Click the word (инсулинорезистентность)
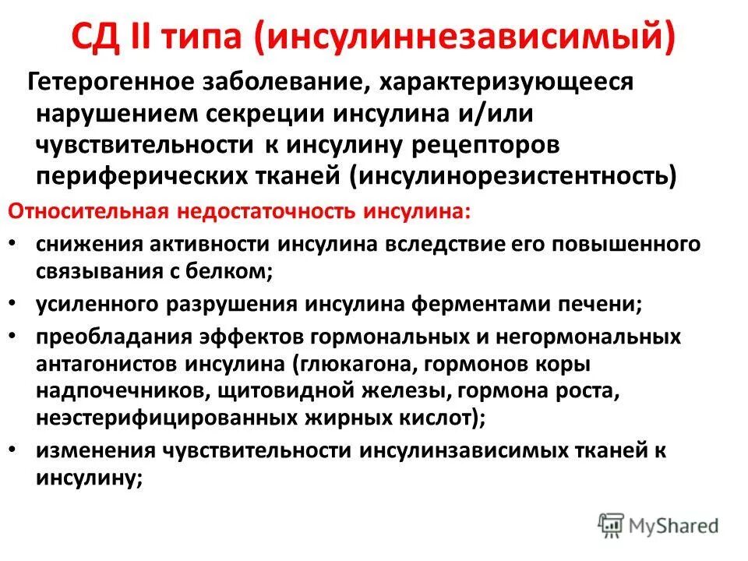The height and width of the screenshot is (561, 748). point(515,175)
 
